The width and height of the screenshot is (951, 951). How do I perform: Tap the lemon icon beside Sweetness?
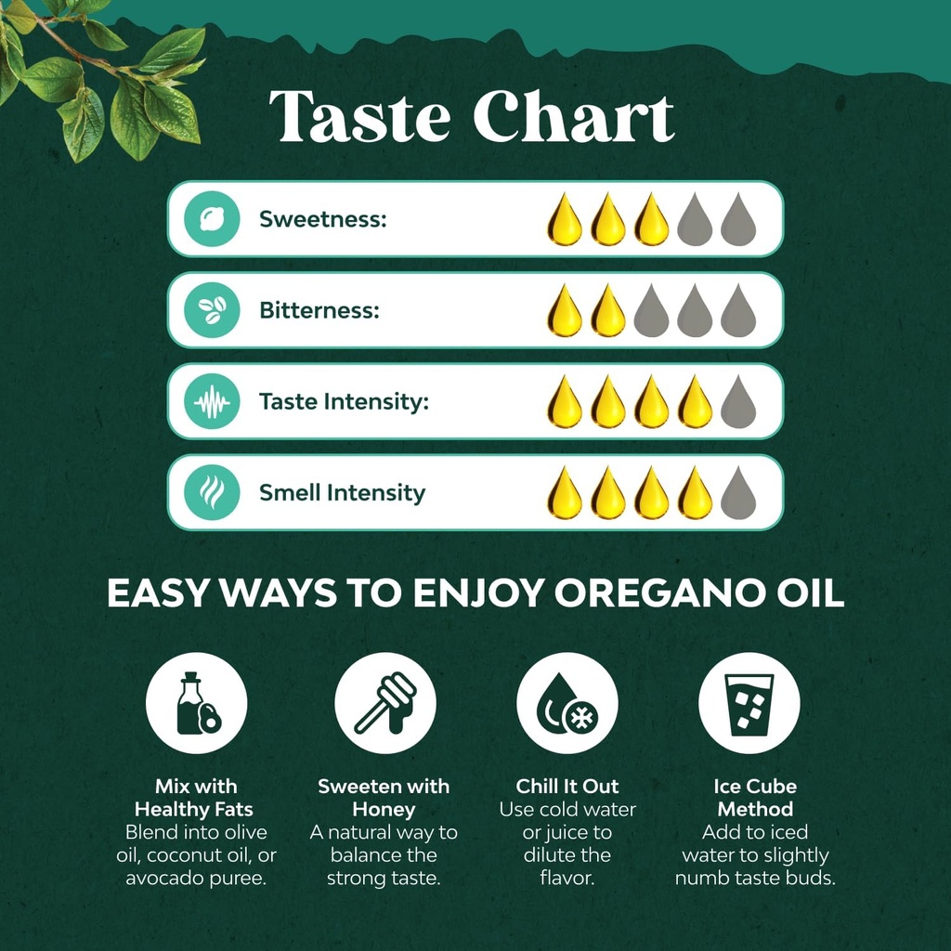[x=213, y=219]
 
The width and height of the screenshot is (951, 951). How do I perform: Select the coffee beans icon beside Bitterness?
[x=213, y=310]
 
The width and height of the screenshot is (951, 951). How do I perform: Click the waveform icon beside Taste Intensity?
[x=213, y=402]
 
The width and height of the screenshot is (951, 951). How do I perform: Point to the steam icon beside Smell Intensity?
[x=213, y=492]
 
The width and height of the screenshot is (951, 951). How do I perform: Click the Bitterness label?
[x=319, y=310]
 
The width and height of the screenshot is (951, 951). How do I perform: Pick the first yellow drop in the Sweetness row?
[x=564, y=220]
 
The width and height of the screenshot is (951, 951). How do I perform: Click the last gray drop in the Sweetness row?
[x=738, y=220]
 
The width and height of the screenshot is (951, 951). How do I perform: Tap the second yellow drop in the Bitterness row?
[x=608, y=311]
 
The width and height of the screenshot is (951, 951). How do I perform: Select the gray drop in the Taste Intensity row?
[x=738, y=402]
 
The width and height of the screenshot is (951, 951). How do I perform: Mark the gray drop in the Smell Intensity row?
[x=738, y=493]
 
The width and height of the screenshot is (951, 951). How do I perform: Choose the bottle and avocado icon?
[x=197, y=703]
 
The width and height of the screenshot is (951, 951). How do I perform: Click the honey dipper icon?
[x=384, y=703]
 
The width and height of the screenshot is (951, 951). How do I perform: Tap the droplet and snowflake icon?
[x=567, y=703]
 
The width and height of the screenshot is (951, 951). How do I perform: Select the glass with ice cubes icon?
[x=749, y=703]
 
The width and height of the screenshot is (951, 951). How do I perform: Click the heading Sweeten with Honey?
[x=384, y=797]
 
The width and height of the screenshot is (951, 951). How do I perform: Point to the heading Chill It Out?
[x=567, y=786]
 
